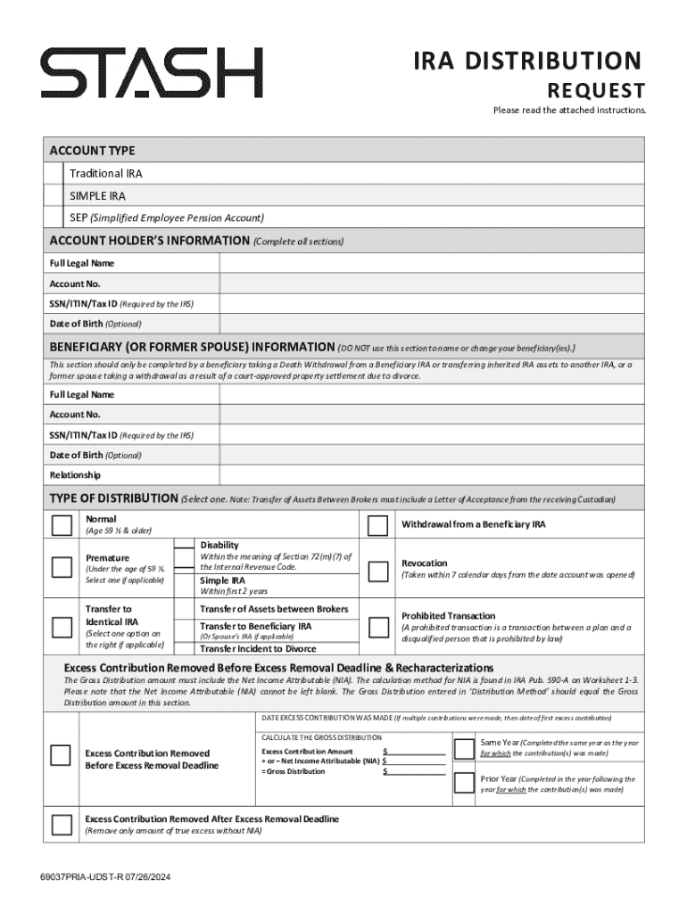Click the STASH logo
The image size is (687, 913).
(x=152, y=73)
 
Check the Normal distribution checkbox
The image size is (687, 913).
(x=62, y=525)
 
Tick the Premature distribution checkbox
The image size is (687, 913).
(x=62, y=568)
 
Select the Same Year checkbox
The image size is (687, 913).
(x=464, y=747)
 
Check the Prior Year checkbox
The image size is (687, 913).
(x=464, y=783)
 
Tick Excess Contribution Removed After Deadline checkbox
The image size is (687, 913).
(x=62, y=824)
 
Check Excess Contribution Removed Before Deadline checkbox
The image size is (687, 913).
(x=62, y=756)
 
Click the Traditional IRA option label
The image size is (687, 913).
(x=106, y=174)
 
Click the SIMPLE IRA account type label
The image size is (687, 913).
(x=98, y=195)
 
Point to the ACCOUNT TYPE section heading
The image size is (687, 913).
(x=93, y=151)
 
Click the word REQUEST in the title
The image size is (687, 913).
(x=595, y=91)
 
